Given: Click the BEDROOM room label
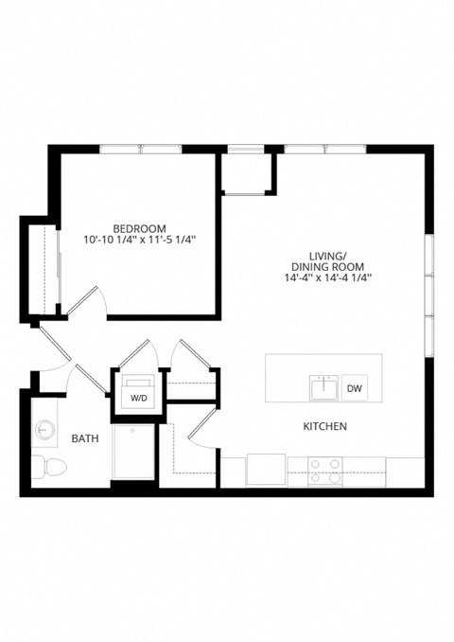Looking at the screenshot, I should point(139,228).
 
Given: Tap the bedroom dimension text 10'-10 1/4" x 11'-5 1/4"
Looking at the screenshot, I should point(139,241).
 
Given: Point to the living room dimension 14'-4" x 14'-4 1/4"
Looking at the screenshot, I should point(328,278).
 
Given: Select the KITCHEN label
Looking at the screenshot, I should point(324,427).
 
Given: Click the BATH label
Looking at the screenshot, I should point(85,438).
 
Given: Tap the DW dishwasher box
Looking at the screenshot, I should point(354,388).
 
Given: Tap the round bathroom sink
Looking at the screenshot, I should point(44,433).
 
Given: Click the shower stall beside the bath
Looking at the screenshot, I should point(134,453).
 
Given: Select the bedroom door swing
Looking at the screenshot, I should point(91,301).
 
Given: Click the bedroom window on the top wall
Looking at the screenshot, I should point(141,149).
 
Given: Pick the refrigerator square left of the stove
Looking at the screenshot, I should point(266,470).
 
